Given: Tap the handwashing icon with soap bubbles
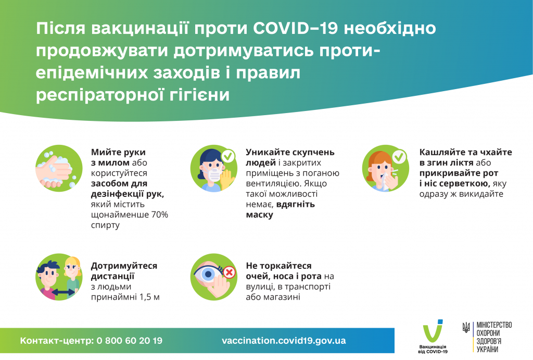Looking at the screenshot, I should tap(59, 169).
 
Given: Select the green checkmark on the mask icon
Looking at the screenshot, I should tap(227, 156).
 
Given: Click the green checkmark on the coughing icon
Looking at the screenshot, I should tap(399, 156).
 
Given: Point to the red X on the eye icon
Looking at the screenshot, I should tap(228, 271).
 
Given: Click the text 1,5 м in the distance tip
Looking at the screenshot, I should tap(150, 297).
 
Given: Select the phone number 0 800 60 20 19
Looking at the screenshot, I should tap(129, 341).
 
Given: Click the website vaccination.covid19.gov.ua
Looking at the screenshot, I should tap(284, 341).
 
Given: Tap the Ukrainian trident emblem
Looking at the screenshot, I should tap(466, 328).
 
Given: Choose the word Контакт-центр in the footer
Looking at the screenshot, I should tap(56, 341).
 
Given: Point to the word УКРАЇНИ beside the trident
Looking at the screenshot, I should tap(487, 349).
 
